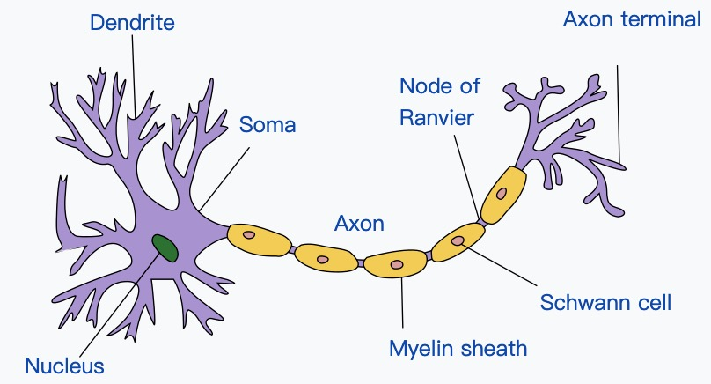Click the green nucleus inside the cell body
point(164,247)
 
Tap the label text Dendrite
point(132,22)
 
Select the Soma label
point(268,124)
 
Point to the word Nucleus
point(64,366)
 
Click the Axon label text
point(359,224)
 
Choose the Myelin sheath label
point(458,348)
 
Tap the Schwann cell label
point(605,303)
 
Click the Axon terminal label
point(631,18)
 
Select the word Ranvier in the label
point(436,117)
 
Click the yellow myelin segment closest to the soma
point(260,239)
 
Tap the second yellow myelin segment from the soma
point(326,257)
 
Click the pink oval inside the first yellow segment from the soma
point(249,235)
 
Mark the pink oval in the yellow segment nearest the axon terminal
point(501,193)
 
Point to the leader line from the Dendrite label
point(134,79)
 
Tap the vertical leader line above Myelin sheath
point(402,304)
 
